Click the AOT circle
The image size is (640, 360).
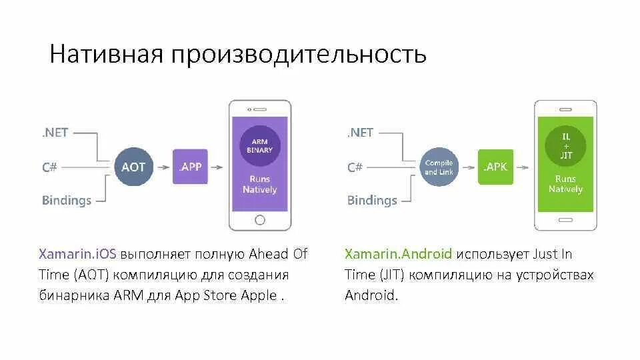(133, 167)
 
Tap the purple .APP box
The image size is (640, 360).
(190, 167)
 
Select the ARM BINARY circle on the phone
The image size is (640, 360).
(260, 146)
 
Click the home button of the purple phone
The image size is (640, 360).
(260, 219)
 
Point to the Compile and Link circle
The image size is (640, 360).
(439, 167)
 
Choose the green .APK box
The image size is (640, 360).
(495, 167)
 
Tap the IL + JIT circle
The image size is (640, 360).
(565, 146)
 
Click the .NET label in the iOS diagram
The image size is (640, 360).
(55, 133)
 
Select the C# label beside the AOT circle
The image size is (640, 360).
(49, 167)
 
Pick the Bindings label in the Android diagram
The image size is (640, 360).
(372, 200)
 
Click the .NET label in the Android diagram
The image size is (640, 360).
(360, 133)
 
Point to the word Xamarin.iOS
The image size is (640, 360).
(77, 254)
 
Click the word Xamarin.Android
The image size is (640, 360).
(399, 254)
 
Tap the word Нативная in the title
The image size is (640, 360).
(106, 54)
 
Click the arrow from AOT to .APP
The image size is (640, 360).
(163, 167)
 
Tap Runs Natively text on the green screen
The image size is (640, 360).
(565, 184)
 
